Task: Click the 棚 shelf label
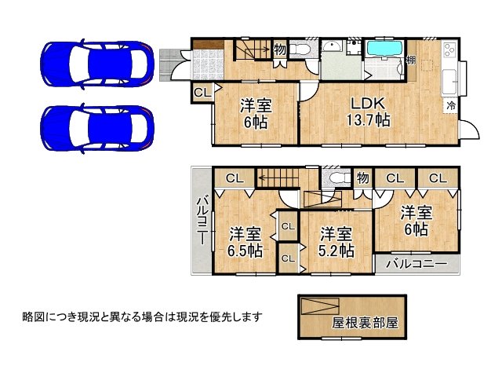[410, 61]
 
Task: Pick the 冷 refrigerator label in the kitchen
[451, 104]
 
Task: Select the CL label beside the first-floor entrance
[201, 93]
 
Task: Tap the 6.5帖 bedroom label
[245, 242]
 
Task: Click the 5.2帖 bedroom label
[337, 242]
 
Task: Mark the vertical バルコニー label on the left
[201, 221]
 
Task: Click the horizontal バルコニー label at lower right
[416, 263]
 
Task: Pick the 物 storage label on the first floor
[279, 49]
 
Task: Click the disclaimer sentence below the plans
[142, 317]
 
